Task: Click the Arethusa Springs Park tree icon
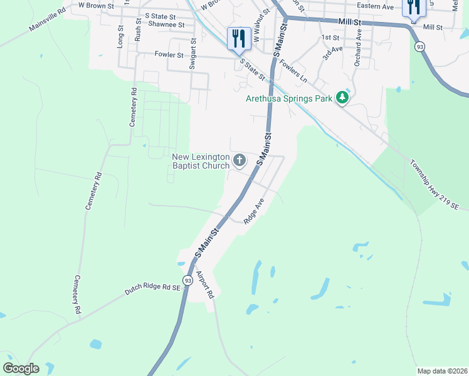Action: tap(342, 98)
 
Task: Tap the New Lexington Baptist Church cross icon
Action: tap(239, 161)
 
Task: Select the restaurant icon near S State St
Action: tap(238, 38)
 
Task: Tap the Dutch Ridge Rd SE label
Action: tap(152, 289)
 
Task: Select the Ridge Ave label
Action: tap(255, 211)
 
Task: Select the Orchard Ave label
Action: tap(359, 50)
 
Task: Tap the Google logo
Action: tap(21, 368)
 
